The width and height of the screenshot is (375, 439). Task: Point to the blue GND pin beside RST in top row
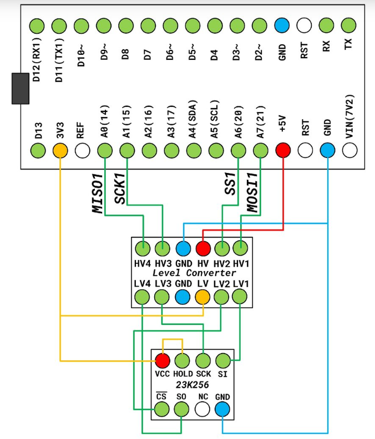282,25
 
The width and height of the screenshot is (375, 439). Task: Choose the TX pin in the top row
348,25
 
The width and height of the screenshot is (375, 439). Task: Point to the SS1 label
229,183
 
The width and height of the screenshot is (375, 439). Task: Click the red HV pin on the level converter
203,248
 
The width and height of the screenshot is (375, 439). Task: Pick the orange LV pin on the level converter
203,297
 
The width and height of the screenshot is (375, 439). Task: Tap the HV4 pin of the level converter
143,248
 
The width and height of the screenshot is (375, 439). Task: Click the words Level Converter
194,273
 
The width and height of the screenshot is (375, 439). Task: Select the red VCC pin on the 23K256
163,361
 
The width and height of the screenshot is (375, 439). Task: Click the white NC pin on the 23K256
203,410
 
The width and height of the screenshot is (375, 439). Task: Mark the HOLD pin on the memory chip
183,361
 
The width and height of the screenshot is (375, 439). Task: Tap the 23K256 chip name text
192,385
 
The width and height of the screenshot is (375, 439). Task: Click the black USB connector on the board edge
21,88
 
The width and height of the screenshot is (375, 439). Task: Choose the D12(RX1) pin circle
37,25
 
